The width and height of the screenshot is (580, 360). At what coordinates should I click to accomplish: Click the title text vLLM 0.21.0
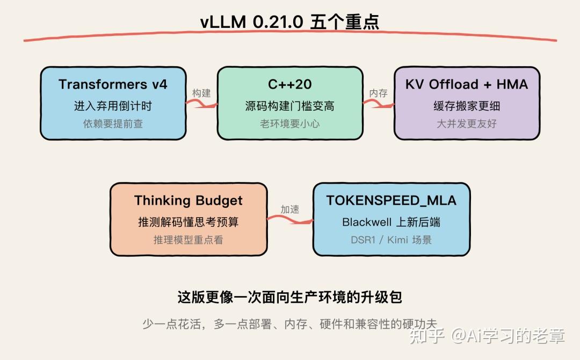[x=251, y=22]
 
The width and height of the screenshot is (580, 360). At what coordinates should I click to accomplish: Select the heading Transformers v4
[x=113, y=84]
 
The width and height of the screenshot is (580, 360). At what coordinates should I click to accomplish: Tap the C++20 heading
[x=289, y=84]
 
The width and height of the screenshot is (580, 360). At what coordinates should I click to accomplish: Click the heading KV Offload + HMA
[x=467, y=84]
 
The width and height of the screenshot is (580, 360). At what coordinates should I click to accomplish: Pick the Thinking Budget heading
[x=189, y=200]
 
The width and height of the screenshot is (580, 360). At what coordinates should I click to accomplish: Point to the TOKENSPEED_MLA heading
[x=392, y=200]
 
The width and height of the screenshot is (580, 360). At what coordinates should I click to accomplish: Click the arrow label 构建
[x=201, y=93]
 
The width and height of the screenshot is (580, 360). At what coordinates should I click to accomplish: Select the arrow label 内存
[x=379, y=93]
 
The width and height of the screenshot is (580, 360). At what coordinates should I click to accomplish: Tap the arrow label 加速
[x=289, y=210]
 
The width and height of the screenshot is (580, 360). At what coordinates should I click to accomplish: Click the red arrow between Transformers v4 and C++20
[x=201, y=104]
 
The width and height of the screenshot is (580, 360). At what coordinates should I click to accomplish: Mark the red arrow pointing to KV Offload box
[x=379, y=104]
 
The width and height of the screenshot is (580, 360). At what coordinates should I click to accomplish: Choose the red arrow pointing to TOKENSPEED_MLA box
[x=290, y=220]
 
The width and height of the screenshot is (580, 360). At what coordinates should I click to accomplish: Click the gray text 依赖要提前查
[x=113, y=124]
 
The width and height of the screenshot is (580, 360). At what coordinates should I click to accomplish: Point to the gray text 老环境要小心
[x=289, y=124]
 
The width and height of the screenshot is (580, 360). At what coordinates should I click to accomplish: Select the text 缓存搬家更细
[x=467, y=106]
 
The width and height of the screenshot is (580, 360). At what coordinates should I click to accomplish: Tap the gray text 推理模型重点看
[x=189, y=240]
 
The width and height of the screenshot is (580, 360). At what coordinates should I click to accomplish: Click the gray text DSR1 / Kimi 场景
[x=392, y=240]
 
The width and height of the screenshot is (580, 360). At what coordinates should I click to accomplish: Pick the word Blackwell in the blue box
[x=367, y=222]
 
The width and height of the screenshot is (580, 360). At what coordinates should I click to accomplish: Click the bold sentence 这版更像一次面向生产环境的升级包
[x=289, y=297]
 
